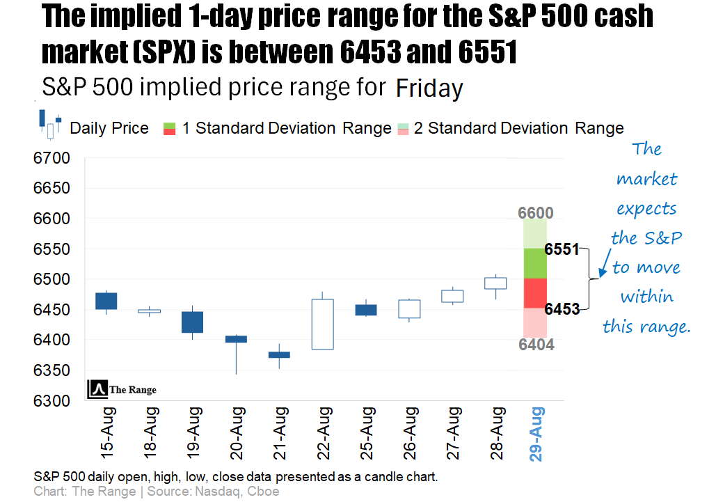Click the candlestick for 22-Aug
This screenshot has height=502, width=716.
322,324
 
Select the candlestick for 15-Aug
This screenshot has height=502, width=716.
106,301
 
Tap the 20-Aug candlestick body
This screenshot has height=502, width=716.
236,339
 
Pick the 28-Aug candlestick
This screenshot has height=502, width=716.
495,283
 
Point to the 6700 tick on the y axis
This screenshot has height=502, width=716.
52,159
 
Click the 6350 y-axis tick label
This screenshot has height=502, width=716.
52,370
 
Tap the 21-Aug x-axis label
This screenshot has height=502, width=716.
279,436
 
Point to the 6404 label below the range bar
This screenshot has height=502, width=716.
536,345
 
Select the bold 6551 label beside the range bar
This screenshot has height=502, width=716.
562,249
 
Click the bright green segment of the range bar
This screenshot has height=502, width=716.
535,263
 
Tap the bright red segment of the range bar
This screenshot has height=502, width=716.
535,293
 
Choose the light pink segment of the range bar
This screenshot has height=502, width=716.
535,322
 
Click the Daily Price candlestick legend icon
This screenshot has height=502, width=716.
51,125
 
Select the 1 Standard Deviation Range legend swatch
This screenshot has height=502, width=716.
169,128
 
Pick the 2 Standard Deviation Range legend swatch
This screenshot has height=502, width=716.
403,128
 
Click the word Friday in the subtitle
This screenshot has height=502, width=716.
429,89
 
